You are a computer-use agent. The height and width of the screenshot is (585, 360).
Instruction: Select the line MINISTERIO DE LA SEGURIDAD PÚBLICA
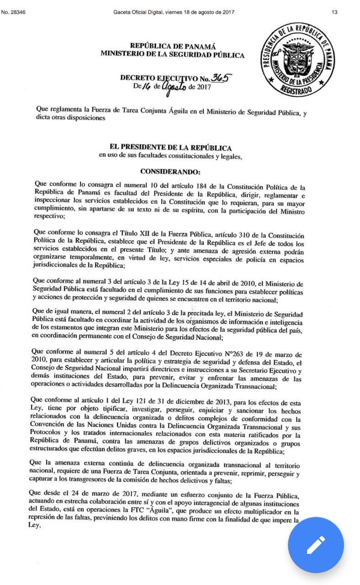click(x=172, y=56)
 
